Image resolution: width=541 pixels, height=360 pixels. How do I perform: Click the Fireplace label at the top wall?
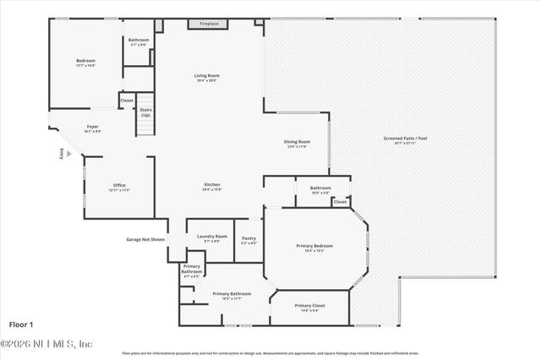point(209,24)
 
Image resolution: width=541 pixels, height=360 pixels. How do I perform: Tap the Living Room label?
point(206,76)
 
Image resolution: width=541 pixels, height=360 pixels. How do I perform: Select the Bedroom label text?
point(85,61)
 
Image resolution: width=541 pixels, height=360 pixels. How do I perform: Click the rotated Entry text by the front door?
point(62,154)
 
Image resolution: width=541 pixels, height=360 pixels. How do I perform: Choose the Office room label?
point(119,185)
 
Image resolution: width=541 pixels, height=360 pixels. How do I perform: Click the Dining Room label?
point(298,142)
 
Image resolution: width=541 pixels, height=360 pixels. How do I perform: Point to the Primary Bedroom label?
point(314,245)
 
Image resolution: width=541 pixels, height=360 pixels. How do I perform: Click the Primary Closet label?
point(309,305)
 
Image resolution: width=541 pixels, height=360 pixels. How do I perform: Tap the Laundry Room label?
point(211,237)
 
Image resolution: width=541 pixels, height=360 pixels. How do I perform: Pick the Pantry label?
point(249,239)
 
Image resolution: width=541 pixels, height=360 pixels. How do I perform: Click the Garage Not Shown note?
point(145,239)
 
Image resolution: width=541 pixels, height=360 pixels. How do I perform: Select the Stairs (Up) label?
point(145,112)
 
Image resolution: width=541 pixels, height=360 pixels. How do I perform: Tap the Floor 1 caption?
point(21,324)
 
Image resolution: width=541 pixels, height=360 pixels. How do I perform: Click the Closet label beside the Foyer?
point(127,101)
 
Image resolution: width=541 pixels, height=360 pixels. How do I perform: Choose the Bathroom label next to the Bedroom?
point(139,40)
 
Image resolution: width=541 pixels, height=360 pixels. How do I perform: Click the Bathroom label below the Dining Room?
point(320,188)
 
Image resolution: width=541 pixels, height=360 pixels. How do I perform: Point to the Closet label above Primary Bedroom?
point(340,202)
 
